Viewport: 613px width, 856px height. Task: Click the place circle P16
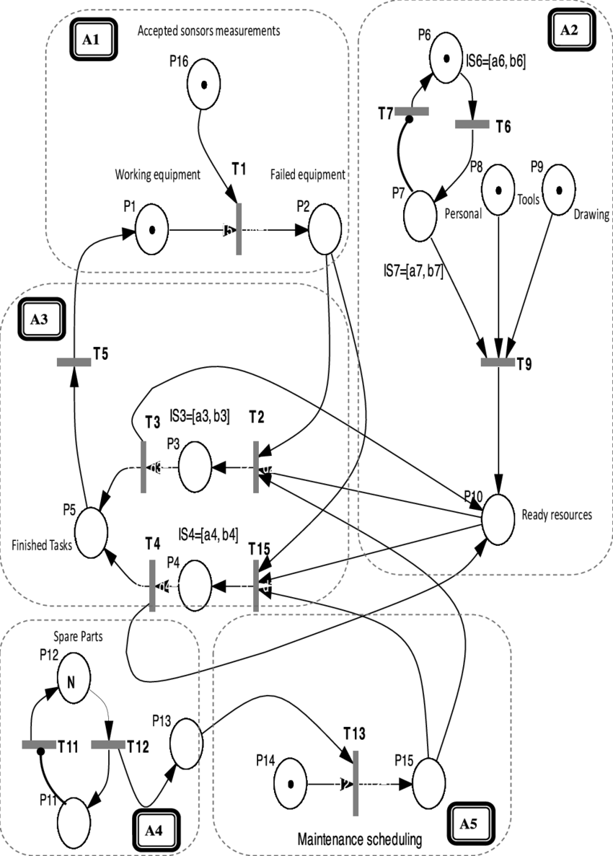pyautogui.click(x=205, y=84)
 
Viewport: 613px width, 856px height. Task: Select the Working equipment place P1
pyautogui.click(x=150, y=231)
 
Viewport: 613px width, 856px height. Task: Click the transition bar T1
pyautogui.click(x=238, y=229)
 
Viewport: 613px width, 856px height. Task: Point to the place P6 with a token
pyautogui.click(x=448, y=59)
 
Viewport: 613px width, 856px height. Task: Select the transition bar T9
pyautogui.click(x=498, y=362)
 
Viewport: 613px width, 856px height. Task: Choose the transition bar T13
pyautogui.click(x=356, y=782)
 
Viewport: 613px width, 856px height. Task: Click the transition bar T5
pyautogui.click(x=74, y=362)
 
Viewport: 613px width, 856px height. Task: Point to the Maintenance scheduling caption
pyautogui.click(x=359, y=839)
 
